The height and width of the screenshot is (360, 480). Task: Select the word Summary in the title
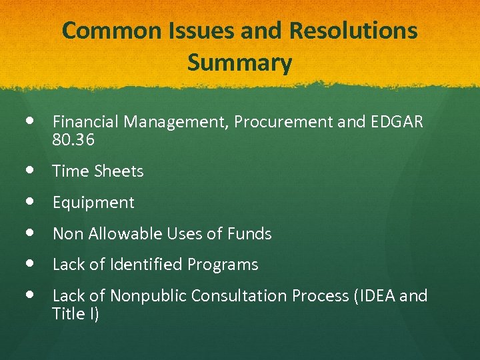click(239, 63)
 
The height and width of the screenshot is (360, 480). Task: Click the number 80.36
click(73, 140)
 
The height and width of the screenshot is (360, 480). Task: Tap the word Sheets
click(119, 171)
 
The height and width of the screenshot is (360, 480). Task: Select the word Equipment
click(93, 203)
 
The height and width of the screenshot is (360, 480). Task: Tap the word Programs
click(223, 265)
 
